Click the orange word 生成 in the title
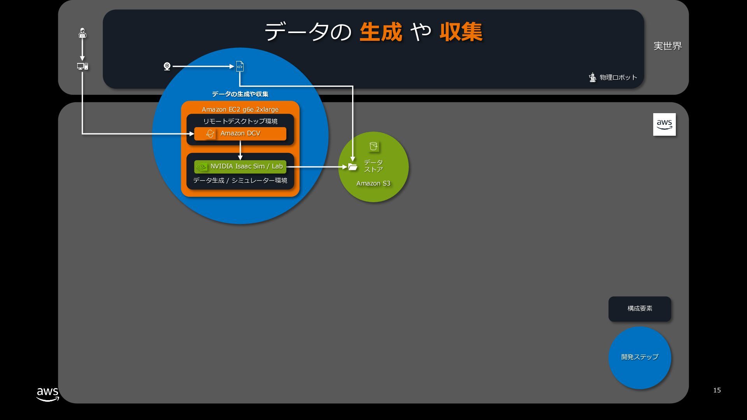(381, 32)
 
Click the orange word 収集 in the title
(461, 32)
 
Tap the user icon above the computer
(82, 33)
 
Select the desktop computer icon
(82, 66)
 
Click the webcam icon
(167, 66)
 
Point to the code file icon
(240, 66)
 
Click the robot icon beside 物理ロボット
(593, 77)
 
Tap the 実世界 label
(668, 46)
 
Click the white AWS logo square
(664, 124)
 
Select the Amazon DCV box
(240, 133)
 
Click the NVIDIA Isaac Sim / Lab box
(240, 166)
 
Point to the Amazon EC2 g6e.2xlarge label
(240, 109)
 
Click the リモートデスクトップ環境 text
(240, 121)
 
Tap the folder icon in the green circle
(352, 167)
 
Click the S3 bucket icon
(373, 146)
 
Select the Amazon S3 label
(373, 184)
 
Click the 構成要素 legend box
(640, 309)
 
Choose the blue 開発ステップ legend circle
(640, 357)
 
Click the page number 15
(717, 390)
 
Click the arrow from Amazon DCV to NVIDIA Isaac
(240, 150)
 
